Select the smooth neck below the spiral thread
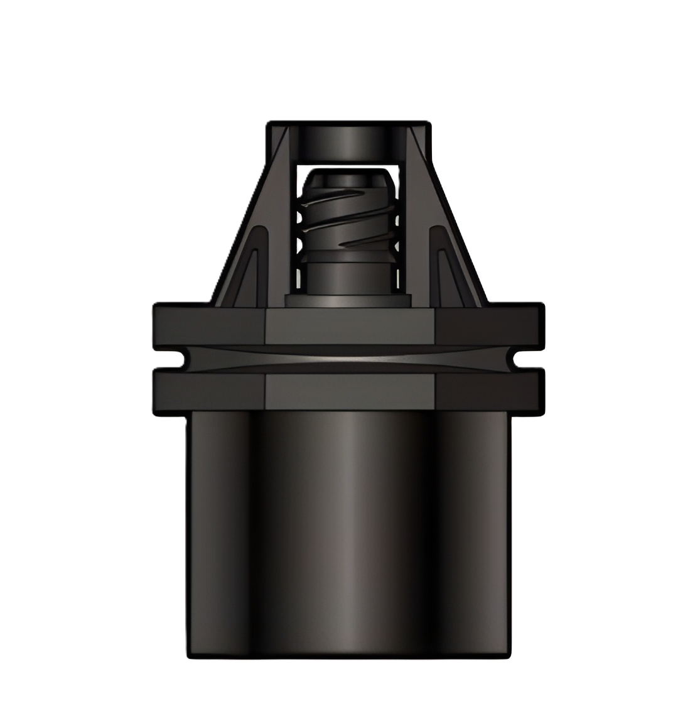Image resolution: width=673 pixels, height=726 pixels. click(x=347, y=274)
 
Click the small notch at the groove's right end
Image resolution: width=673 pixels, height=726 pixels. click(x=519, y=359)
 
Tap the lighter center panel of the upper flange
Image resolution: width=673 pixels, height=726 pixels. click(x=349, y=327)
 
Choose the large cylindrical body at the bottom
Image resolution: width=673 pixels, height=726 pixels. click(x=348, y=534)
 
